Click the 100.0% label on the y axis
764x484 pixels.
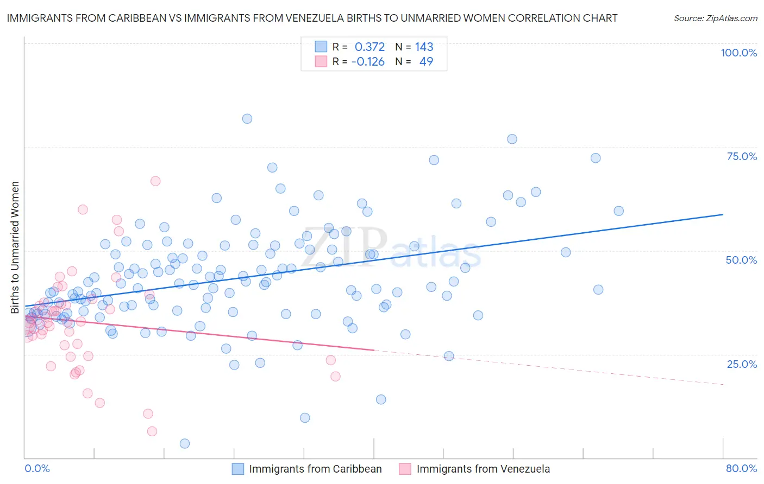(x=738, y=53)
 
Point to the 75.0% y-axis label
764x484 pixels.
(x=742, y=156)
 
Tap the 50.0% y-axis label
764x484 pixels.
(x=741, y=260)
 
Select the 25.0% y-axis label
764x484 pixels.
(x=742, y=364)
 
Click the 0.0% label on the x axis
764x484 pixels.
(x=37, y=468)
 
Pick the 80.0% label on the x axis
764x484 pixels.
(x=741, y=468)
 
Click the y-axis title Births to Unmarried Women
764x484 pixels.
(x=15, y=247)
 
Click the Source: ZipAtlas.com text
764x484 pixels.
(x=715, y=18)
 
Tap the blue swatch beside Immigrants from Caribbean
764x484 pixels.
(x=238, y=469)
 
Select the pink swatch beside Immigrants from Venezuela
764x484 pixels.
(x=405, y=469)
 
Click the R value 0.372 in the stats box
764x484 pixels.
(x=370, y=47)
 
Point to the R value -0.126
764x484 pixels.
(x=368, y=61)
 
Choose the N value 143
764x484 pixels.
(x=424, y=47)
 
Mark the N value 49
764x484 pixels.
(x=426, y=61)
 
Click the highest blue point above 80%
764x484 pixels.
(x=247, y=119)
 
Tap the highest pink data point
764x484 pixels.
(x=155, y=181)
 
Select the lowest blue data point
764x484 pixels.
(x=185, y=443)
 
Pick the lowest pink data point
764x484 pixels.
(x=152, y=431)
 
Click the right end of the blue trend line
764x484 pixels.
(x=723, y=214)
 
